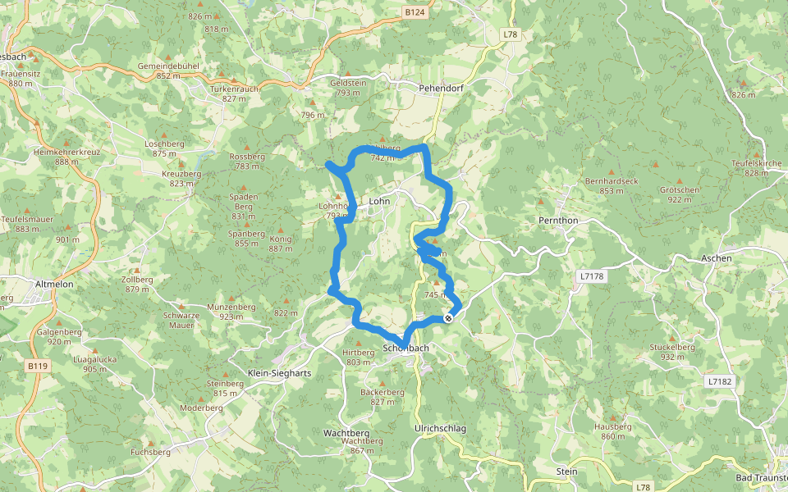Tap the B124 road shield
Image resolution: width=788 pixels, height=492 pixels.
coord(415,12)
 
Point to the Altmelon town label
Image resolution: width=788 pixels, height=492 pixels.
coord(56,284)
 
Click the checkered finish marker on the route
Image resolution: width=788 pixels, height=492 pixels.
coord(448,318)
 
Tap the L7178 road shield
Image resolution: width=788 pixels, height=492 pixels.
coord(591,276)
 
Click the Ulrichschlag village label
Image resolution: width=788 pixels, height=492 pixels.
coord(440,429)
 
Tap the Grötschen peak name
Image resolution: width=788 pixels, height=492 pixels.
coord(679,189)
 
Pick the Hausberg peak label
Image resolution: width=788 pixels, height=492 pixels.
coord(616,426)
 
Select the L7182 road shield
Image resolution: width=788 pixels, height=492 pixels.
coord(717,381)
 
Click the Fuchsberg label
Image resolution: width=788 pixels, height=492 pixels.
coord(150,452)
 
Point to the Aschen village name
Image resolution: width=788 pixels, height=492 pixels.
coord(716,258)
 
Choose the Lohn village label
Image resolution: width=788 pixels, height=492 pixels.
coord(379,200)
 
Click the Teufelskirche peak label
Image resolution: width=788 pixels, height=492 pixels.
coord(756,163)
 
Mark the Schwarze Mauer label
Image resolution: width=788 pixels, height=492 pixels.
coord(181,320)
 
